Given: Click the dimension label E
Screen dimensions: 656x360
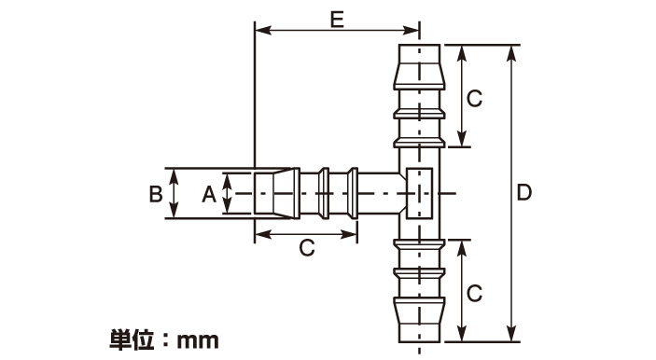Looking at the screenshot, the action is click(x=337, y=20).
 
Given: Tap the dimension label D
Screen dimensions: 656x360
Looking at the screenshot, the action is click(x=524, y=193).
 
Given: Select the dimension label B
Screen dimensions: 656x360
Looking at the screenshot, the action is click(x=156, y=194).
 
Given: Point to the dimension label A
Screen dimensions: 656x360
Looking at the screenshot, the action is click(x=209, y=194).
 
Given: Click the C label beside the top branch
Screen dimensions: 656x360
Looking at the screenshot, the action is click(x=474, y=99).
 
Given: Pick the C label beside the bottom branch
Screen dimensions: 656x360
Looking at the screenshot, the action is click(x=474, y=293).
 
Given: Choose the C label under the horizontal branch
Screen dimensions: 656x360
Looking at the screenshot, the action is click(x=307, y=248).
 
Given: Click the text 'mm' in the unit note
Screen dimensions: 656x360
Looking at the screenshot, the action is click(x=198, y=340).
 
